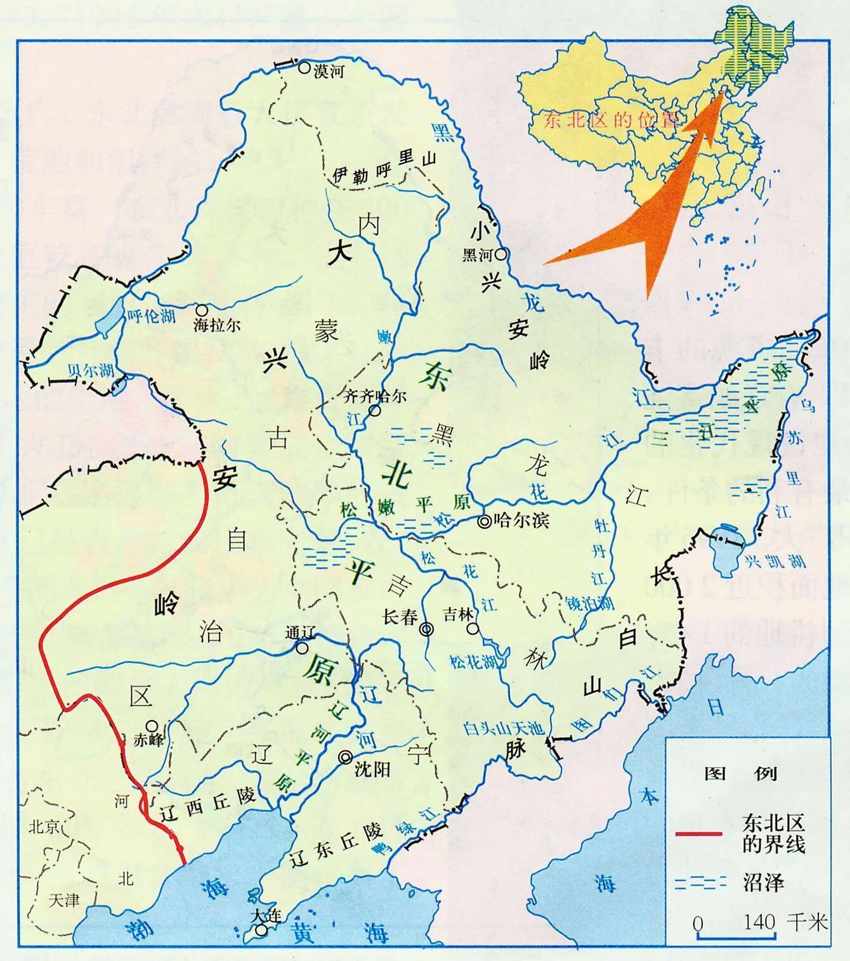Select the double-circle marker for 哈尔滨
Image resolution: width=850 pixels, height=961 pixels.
(x=485, y=521)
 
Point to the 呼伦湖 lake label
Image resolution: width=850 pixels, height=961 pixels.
(x=152, y=316)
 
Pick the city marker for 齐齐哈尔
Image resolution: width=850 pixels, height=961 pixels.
(x=376, y=411)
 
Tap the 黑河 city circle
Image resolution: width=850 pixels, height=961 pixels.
(x=502, y=255)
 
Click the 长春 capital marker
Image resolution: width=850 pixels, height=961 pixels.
(x=427, y=629)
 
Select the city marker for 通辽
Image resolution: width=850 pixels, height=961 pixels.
(x=303, y=648)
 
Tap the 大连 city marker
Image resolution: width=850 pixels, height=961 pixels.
(x=261, y=931)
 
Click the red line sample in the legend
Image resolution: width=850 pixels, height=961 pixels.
(x=698, y=833)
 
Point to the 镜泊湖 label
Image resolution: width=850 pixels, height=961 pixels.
(x=590, y=603)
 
